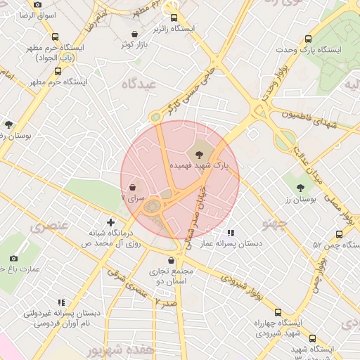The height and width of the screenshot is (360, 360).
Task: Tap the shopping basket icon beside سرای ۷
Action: [134, 188]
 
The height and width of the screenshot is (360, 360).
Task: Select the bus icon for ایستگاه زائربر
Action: [174, 19]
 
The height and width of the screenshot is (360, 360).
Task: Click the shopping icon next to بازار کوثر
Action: [134, 34]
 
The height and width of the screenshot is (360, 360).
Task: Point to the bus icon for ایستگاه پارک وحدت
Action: [308, 39]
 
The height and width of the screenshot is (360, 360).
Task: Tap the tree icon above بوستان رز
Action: [301, 188]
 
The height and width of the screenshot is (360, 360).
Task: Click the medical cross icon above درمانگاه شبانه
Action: [110, 222]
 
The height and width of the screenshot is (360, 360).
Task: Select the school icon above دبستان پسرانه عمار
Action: [231, 233]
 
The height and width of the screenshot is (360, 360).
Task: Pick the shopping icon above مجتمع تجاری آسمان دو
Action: [171, 261]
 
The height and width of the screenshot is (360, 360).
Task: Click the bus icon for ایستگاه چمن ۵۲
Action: [340, 234]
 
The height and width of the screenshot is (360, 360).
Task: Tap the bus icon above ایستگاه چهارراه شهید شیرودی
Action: [278, 312]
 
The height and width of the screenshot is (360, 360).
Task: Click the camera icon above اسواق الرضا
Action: [37, 5]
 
